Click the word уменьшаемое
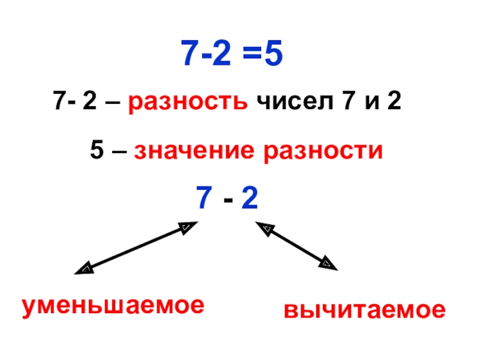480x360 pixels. click(x=113, y=306)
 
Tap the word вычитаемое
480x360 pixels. click(x=365, y=311)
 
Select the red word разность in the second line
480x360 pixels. click(x=187, y=103)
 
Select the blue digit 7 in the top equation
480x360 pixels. click(x=191, y=57)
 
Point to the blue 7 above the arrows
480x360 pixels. click(x=203, y=197)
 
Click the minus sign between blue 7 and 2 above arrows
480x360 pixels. click(x=228, y=199)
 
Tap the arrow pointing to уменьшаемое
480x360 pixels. click(x=136, y=248)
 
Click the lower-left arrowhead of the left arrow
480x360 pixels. click(x=85, y=269)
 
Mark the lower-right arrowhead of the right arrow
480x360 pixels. click(x=328, y=263)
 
